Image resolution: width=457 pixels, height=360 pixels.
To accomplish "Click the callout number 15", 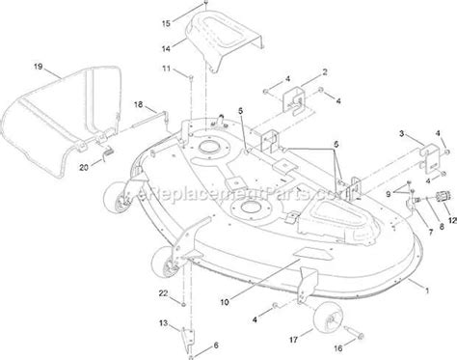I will pyautogui.click(x=165, y=20).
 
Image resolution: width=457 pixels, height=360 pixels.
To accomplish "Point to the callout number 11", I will pyautogui.click(x=165, y=69).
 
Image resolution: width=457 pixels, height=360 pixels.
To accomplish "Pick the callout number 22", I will pyautogui.click(x=163, y=293).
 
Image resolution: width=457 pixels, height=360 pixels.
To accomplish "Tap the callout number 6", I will pyautogui.click(x=214, y=346).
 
